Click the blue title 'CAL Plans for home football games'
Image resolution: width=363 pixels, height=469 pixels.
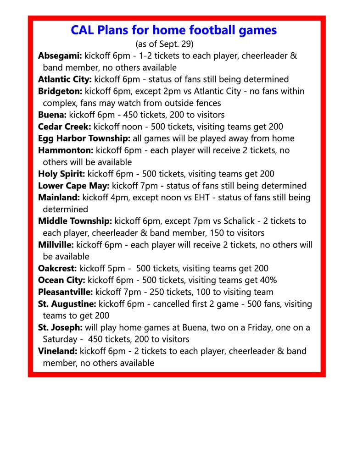click(173, 30)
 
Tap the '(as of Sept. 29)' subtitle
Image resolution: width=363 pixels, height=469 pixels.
click(165, 44)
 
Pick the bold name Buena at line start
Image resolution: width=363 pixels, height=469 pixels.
click(52, 115)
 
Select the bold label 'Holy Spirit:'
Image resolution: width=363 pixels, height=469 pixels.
click(62, 174)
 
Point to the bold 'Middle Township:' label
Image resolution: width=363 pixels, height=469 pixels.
click(75, 221)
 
